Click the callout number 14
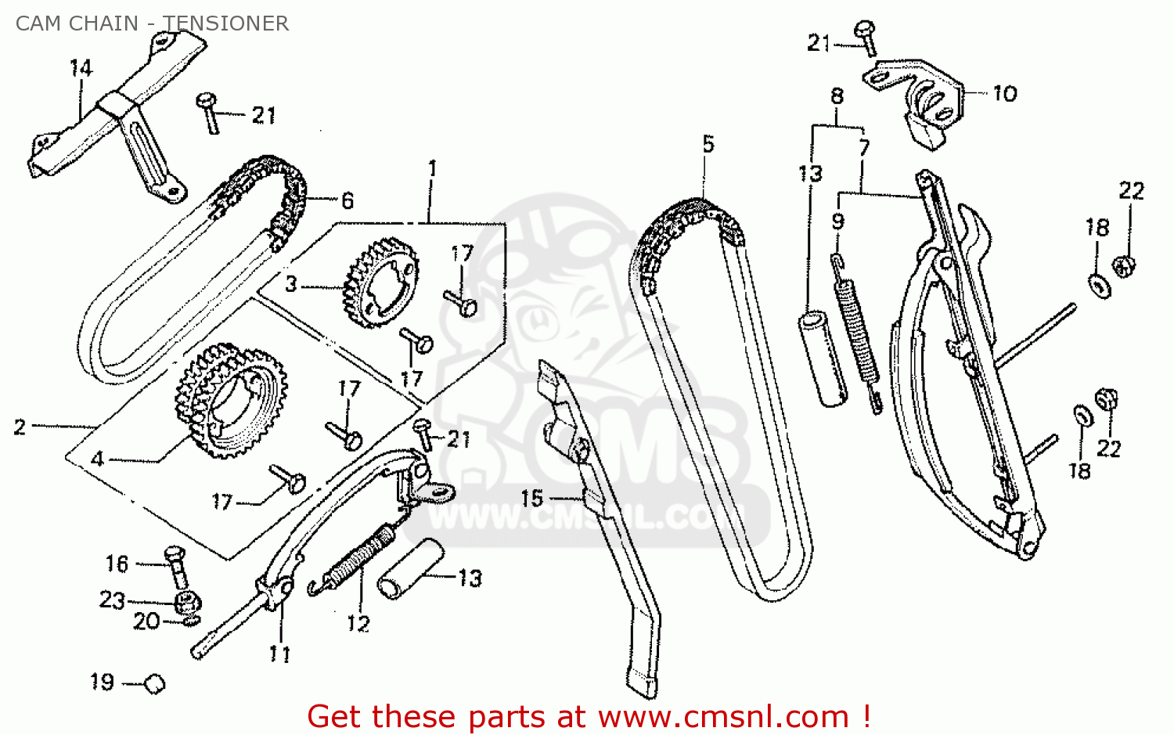coord(81,69)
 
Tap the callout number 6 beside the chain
coord(348,201)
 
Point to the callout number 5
coord(708,144)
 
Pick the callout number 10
coord(1005,94)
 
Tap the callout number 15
coord(532,498)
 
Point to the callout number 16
coord(117,564)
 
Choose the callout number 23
coord(113,600)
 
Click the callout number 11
coord(280,654)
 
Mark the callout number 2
coord(20,427)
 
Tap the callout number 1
coord(432,168)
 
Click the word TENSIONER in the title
coord(226,23)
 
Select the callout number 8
coord(837,96)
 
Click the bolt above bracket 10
coord(866,35)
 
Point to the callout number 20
coord(146,622)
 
